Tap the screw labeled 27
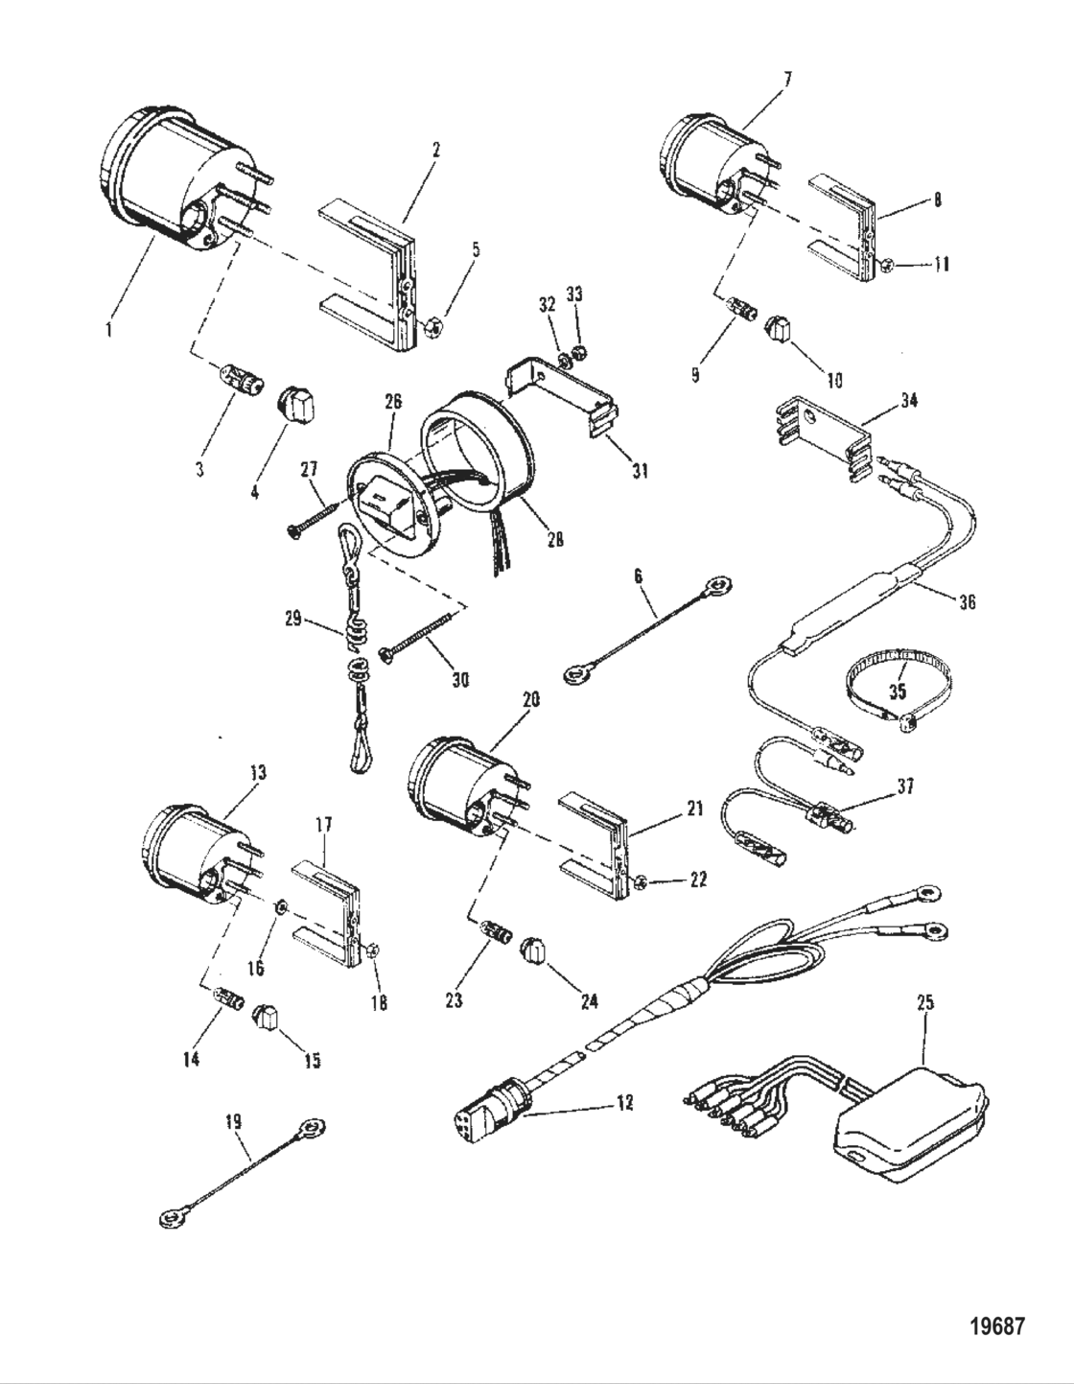pyautogui.click(x=309, y=519)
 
